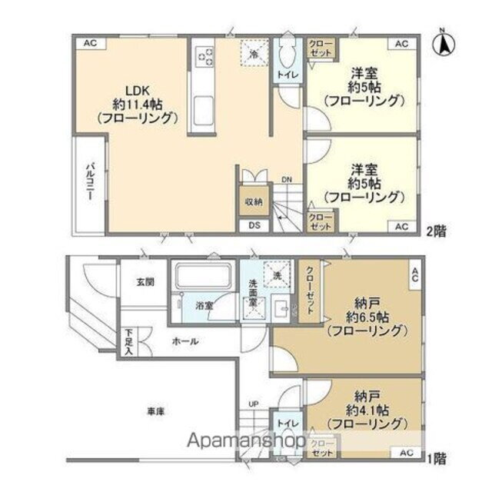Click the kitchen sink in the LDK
tap(205, 108)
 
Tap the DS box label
tap(253, 226)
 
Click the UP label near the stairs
tap(253, 404)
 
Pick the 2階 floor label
tap(437, 229)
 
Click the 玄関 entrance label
tap(146, 282)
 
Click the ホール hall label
tap(184, 341)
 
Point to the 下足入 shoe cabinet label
tap(128, 342)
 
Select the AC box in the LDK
tap(89, 44)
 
